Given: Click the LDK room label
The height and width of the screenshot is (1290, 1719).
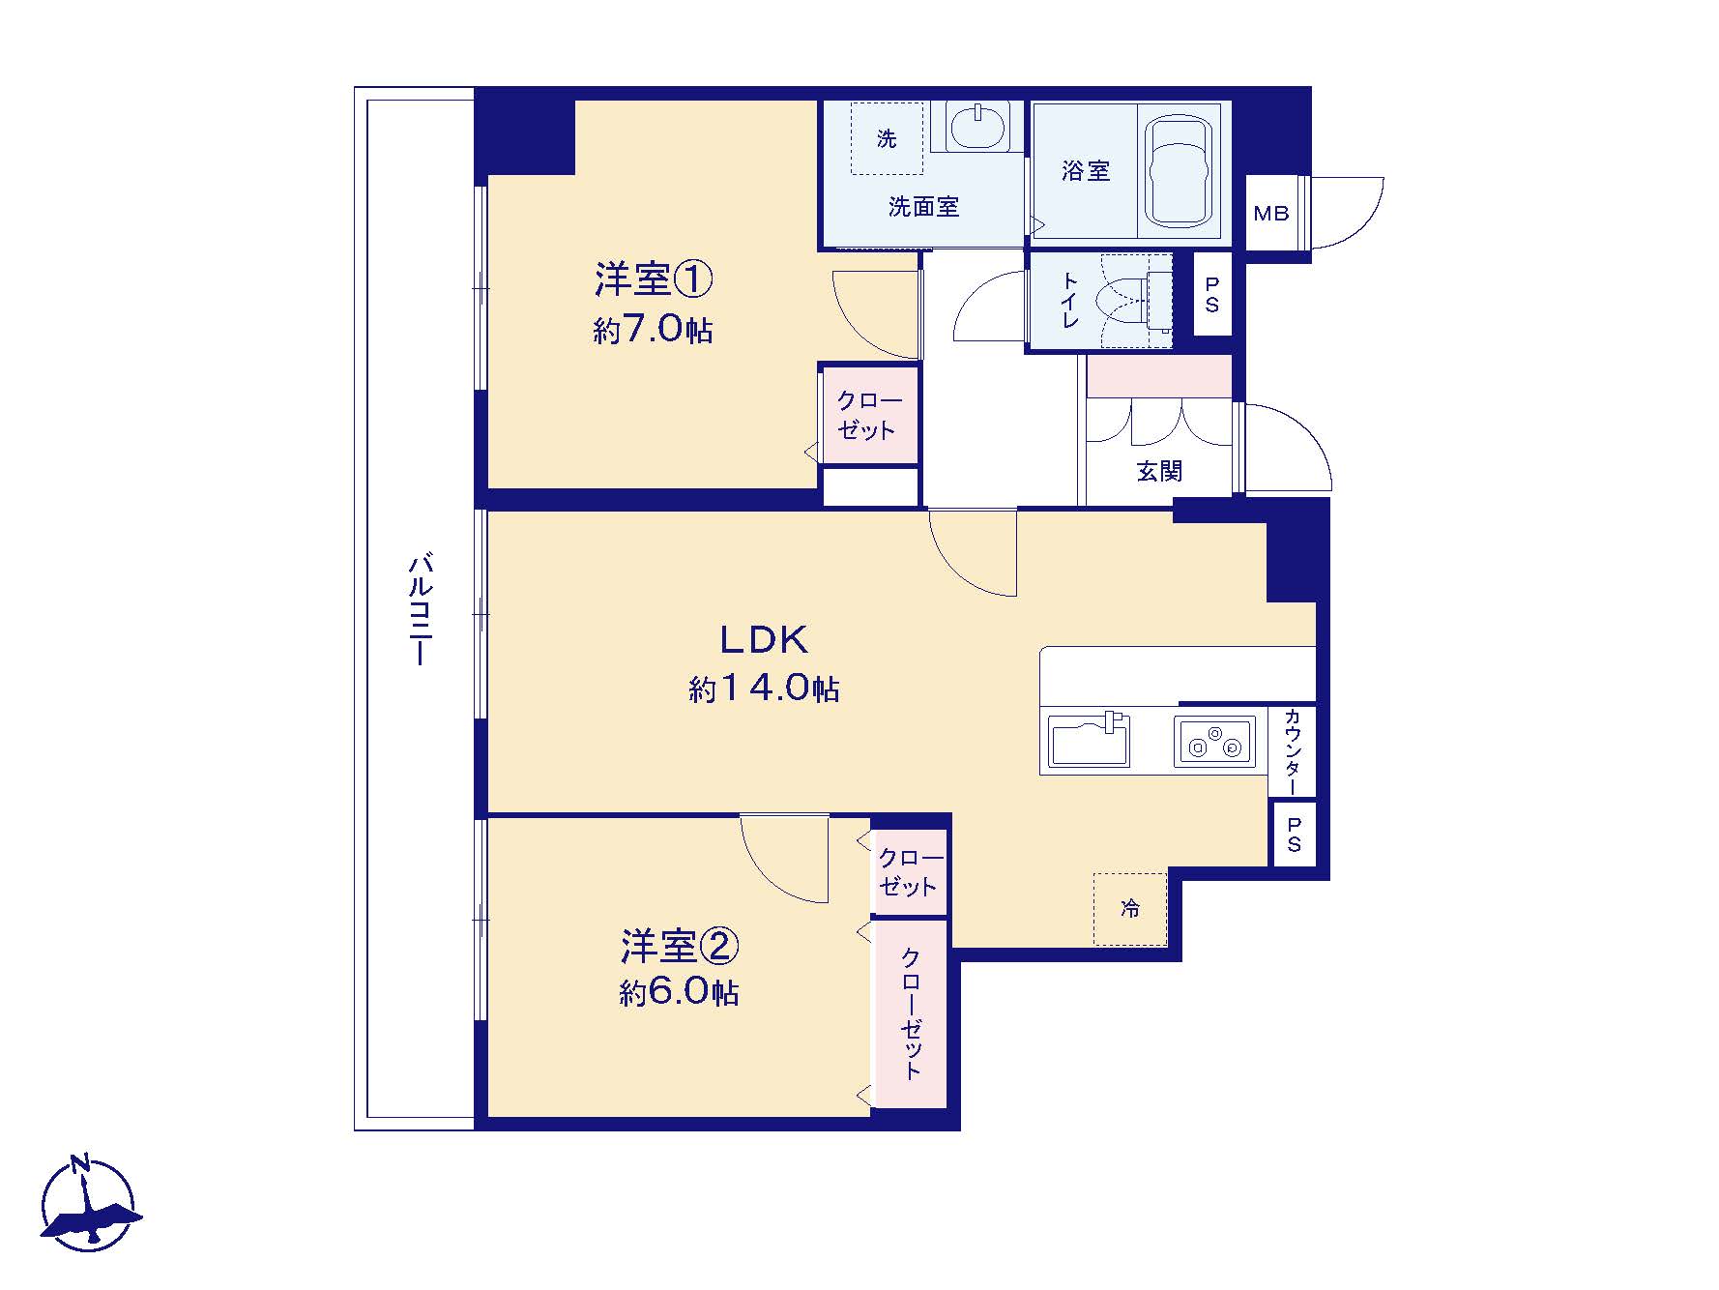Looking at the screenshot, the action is [763, 640].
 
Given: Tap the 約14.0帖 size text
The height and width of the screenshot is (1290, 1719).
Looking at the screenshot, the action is [764, 689].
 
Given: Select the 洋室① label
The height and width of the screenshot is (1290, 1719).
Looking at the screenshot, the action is [654, 280].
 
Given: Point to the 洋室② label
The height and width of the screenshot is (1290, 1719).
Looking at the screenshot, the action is [680, 946].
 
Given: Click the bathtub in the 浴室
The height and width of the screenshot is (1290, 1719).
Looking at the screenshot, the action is [1178, 171].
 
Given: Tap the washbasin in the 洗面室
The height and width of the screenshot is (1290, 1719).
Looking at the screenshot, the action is [977, 126].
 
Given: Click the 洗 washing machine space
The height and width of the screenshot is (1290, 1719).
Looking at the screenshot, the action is [887, 138].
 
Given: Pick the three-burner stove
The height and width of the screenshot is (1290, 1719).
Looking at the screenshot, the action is [1214, 742].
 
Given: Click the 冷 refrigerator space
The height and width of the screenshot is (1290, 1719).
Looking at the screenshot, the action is [1130, 909].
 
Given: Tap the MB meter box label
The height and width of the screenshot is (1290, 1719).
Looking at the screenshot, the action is [1271, 214].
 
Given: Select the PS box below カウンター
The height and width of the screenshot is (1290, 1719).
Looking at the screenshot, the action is [1294, 834].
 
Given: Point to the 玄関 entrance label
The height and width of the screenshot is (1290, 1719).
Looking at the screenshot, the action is [1159, 471].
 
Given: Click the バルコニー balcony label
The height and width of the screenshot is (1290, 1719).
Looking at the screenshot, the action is [420, 609].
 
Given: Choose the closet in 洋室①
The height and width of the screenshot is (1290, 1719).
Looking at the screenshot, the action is [868, 415].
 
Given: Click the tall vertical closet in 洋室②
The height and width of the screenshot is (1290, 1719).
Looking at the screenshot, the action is [911, 1013].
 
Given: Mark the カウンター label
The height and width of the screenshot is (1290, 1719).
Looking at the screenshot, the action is [1293, 752].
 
